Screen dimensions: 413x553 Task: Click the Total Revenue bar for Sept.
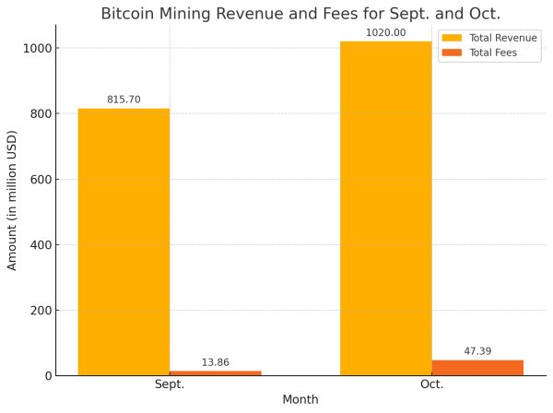tap(124, 242)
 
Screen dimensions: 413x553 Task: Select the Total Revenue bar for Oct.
tap(385, 208)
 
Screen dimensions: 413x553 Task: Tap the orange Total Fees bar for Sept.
tap(215, 372)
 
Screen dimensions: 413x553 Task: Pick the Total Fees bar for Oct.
tap(477, 368)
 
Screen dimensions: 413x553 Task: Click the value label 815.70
tap(124, 100)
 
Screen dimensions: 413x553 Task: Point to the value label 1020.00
tap(385, 33)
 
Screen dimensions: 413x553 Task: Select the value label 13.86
tap(215, 362)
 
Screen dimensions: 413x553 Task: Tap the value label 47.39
tap(477, 351)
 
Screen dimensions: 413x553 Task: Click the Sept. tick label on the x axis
tap(170, 384)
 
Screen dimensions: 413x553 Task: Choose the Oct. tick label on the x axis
tap(431, 384)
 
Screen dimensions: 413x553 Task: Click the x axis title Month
tap(300, 400)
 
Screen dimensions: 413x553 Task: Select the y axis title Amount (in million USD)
tap(13, 200)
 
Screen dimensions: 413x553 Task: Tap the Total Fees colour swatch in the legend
tap(453, 53)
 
